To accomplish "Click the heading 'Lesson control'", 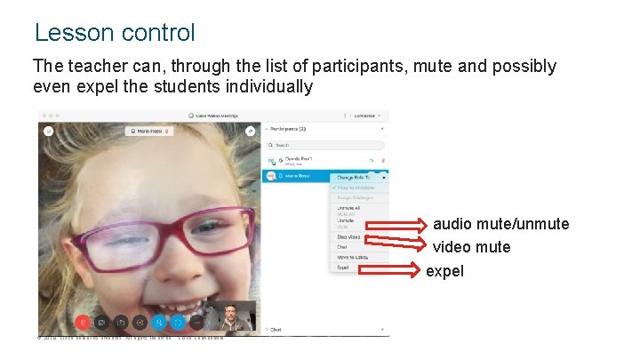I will pos(114,33).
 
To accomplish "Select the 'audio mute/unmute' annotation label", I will pos(500,224).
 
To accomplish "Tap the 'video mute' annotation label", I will pos(471,247).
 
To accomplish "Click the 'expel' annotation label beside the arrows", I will pos(444,271).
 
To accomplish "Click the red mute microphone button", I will pos(82,322).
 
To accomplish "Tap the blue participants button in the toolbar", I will pos(158,322).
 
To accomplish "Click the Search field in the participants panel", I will pos(329,145).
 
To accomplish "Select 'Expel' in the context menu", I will pos(342,267).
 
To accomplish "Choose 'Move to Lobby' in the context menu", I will pos(351,257).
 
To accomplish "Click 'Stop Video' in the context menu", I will pos(348,237).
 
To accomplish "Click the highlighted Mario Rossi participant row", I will pos(298,176).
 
